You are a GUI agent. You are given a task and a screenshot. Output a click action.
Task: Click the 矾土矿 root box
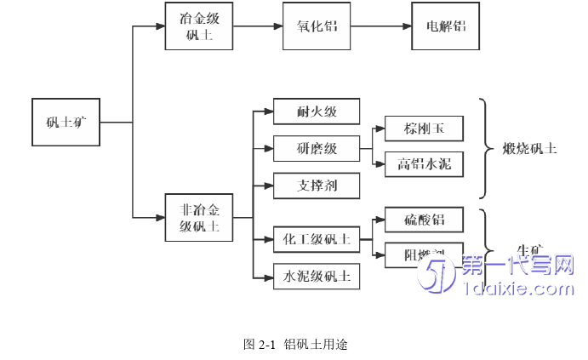[66, 123]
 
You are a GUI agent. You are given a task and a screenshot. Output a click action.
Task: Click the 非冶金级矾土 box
[198, 217]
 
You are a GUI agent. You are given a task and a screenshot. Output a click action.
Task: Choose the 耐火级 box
[317, 111]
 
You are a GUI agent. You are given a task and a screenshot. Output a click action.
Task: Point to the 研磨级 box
[317, 148]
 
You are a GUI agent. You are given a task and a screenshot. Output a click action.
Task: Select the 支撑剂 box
[317, 185]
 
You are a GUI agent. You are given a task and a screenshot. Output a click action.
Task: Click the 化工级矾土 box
[317, 239]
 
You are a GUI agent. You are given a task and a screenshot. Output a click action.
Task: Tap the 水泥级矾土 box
[317, 276]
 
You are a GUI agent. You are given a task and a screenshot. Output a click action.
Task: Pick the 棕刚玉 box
[424, 129]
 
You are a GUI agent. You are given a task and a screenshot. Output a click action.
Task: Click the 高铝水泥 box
[424, 164]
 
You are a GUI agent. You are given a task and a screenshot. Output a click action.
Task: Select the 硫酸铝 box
[424, 220]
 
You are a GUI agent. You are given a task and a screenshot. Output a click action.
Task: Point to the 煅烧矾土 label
[528, 148]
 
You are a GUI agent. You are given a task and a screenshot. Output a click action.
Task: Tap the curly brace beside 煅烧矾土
[487, 148]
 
